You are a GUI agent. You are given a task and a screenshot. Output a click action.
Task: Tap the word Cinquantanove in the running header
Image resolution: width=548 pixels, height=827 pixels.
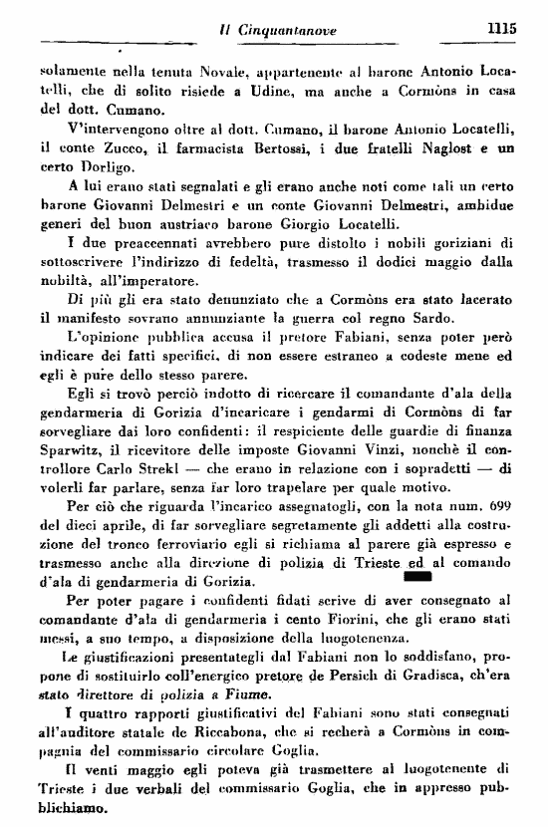[290, 31]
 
